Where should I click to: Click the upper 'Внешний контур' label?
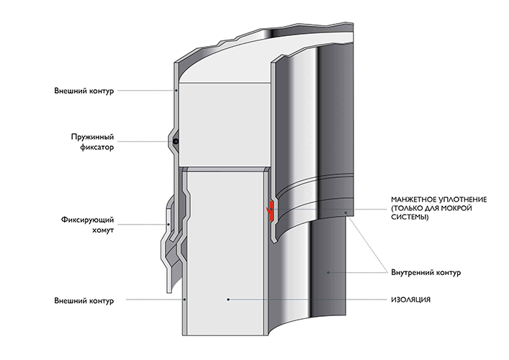point(84,91)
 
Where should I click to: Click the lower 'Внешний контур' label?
point(84,300)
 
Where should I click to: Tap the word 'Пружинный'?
point(93,137)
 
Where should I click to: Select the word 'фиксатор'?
point(97,147)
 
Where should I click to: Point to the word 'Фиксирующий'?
point(87,220)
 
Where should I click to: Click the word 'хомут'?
point(102,230)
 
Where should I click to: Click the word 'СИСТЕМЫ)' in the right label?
point(410,217)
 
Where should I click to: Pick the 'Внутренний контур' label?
point(426,272)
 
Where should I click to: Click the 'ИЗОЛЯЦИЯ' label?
point(410,300)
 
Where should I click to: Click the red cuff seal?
point(270,211)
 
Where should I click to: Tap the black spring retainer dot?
point(176,142)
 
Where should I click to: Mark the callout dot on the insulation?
point(228,300)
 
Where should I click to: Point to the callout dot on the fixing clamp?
point(168,225)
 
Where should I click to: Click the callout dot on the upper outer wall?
point(176,90)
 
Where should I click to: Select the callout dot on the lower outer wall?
point(184,300)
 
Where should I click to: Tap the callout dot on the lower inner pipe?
point(328,272)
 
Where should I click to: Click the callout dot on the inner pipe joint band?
point(346,212)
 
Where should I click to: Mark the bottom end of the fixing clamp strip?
point(168,292)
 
